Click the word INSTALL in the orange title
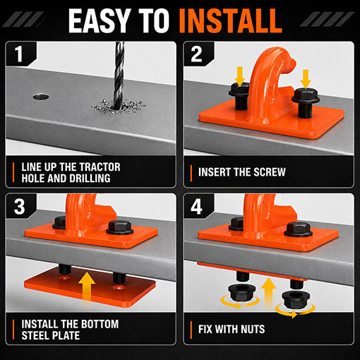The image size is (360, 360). pyautogui.click(x=231, y=20)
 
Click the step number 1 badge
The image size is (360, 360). pyautogui.click(x=19, y=54)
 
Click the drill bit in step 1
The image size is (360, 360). pyautogui.click(x=119, y=76)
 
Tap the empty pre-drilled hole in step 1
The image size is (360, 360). pyautogui.click(x=41, y=96)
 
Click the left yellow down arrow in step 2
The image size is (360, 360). pyautogui.click(x=240, y=76)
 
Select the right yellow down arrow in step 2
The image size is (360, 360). pyautogui.click(x=306, y=79)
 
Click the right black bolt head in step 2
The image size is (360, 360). pyautogui.click(x=306, y=96)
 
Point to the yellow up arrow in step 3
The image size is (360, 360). pyautogui.click(x=87, y=288)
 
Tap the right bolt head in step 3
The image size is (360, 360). pyautogui.click(x=120, y=227)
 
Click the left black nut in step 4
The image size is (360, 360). pyautogui.click(x=240, y=292)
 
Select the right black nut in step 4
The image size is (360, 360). pyautogui.click(x=294, y=299)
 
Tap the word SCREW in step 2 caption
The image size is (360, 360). pyautogui.click(x=270, y=172)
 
